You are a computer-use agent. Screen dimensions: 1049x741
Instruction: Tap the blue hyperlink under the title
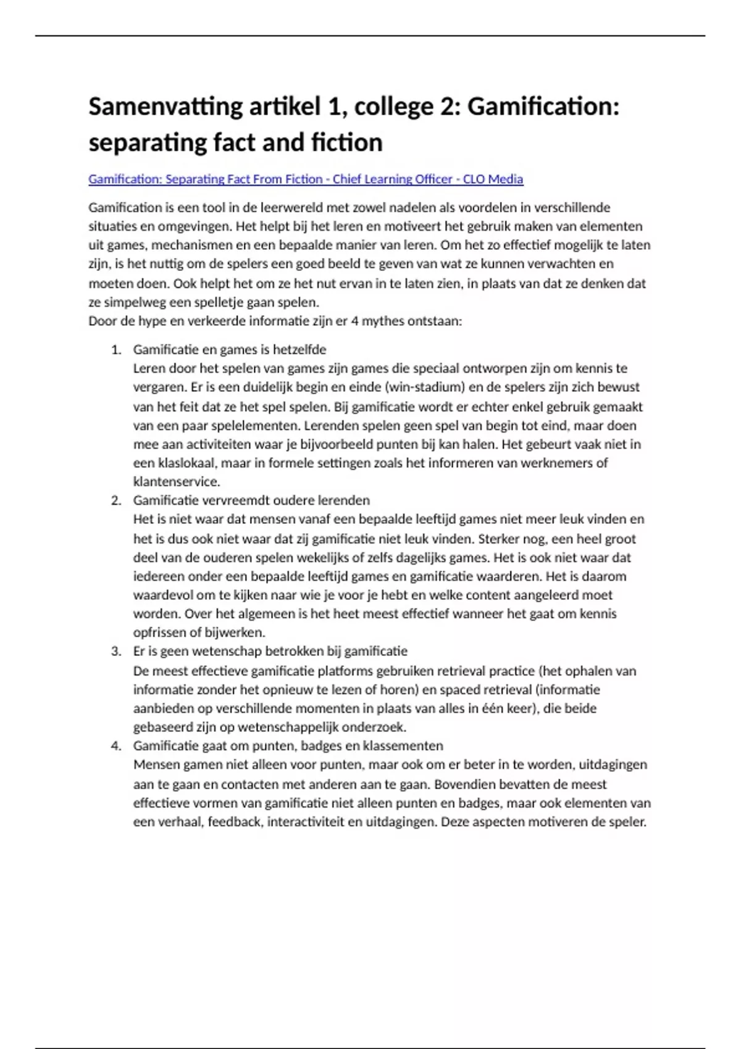[x=306, y=179]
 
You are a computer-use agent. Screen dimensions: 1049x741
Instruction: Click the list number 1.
[x=115, y=350]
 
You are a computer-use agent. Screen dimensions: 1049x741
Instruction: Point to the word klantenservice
[x=177, y=481]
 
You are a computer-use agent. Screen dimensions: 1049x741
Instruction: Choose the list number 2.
[x=115, y=500]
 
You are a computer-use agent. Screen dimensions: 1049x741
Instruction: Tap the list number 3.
[x=115, y=652]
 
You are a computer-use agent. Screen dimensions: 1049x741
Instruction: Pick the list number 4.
[x=115, y=746]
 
